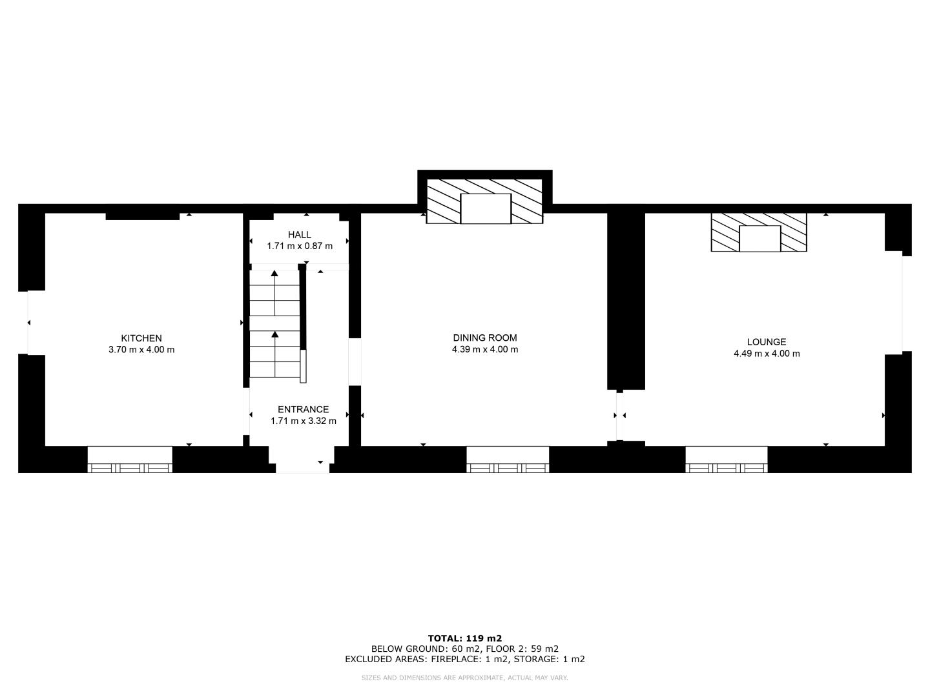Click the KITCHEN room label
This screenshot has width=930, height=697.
(141, 338)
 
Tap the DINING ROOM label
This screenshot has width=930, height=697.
(485, 338)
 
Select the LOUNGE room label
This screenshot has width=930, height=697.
(767, 342)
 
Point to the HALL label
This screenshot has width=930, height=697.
(300, 234)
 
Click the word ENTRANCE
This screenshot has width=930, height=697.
(304, 409)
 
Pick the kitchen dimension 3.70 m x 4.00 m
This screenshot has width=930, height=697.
(141, 350)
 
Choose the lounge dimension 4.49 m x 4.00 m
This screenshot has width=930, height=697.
(767, 354)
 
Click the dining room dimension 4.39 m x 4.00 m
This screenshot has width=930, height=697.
(485, 349)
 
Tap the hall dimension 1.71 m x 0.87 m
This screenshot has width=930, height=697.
(300, 246)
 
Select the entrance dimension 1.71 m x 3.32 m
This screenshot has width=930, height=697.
(304, 421)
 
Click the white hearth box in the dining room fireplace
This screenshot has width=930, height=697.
(486, 208)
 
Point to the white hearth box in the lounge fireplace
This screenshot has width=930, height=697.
(760, 239)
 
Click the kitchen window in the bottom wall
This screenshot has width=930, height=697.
(130, 459)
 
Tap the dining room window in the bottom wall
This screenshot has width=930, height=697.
(508, 459)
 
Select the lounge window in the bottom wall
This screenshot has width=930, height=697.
(727, 459)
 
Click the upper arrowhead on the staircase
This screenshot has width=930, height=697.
(274, 274)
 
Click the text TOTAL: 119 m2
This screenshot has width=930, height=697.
(465, 639)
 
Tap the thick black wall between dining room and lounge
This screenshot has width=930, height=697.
(626, 301)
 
